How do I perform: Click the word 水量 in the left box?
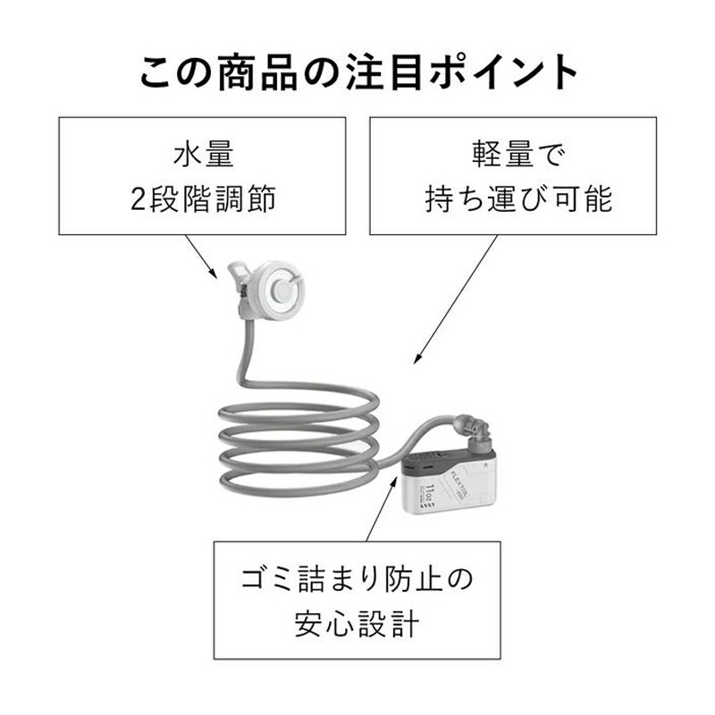pyautogui.click(x=203, y=155)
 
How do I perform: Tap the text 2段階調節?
pyautogui.click(x=203, y=198)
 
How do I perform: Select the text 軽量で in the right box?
pyautogui.click(x=518, y=155)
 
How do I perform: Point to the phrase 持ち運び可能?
pyautogui.click(x=518, y=198)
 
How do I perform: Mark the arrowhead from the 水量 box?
pyautogui.click(x=217, y=274)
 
